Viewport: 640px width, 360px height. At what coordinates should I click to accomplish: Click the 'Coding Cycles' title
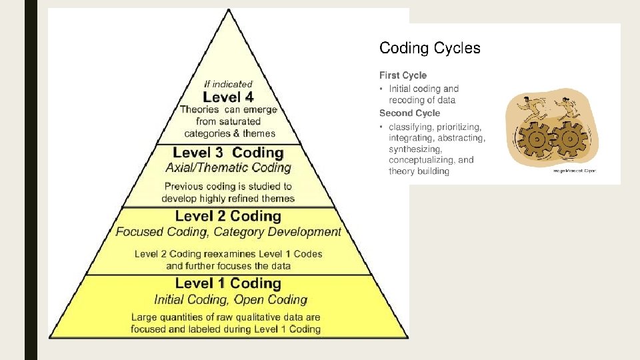point(429,48)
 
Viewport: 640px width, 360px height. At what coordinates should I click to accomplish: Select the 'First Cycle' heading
point(403,75)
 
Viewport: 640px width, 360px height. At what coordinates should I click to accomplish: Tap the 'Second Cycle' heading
point(409,113)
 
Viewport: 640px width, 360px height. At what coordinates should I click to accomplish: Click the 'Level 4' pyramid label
point(228,97)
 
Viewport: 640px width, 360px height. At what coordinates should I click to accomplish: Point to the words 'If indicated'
point(228,84)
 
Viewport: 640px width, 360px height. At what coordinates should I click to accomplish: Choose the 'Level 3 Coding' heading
point(228,153)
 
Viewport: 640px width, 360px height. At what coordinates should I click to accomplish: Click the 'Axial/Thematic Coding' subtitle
point(228,167)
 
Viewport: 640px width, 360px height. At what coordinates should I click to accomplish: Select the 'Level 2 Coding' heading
point(228,216)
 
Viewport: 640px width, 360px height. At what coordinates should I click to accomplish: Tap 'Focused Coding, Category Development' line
point(228,232)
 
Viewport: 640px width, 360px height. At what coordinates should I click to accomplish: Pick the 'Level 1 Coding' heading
point(228,283)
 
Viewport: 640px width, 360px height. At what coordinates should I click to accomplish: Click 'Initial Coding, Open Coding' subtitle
point(231,299)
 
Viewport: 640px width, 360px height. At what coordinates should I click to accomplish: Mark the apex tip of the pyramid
point(229,10)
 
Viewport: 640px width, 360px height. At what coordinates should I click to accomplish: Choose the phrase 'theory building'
point(419,171)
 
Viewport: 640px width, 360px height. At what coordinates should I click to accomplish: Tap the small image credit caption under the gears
point(574,171)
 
